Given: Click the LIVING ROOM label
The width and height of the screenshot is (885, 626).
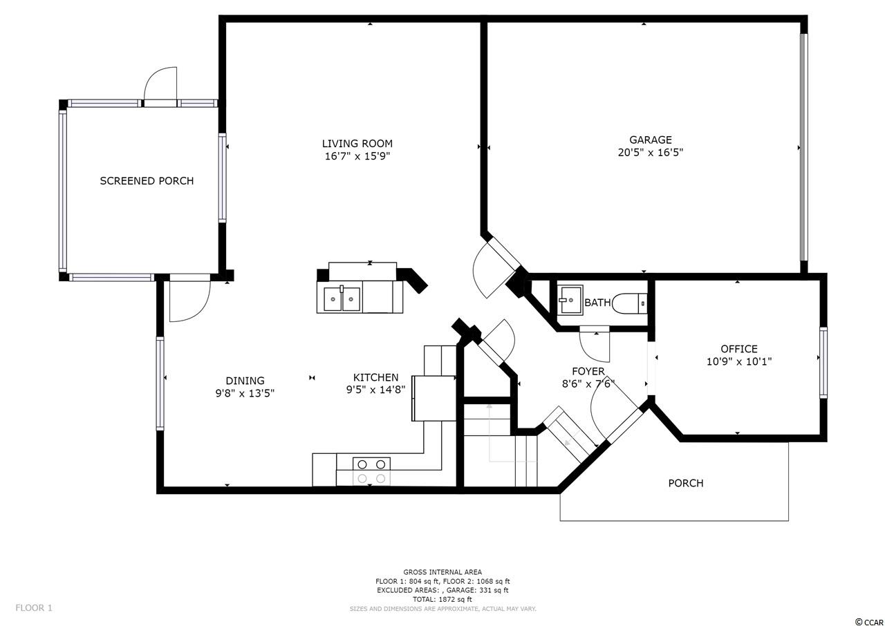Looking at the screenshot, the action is tap(357, 144).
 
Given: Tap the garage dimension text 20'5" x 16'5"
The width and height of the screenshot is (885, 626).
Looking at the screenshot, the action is tap(651, 153).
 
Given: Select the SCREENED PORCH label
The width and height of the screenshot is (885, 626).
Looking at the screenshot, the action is tap(147, 181).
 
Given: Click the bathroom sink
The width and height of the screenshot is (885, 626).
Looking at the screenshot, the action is tap(571, 300).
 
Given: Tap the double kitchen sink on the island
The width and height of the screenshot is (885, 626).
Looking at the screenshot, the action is tap(342, 299).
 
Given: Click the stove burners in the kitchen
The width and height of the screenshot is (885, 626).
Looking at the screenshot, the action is tap(371, 471).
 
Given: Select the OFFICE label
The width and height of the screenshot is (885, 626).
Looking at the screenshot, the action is tap(739, 349).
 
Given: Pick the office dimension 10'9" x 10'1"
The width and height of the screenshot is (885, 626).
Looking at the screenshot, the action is tap(739, 361).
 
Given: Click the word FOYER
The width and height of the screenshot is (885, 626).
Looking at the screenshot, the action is tap(588, 372).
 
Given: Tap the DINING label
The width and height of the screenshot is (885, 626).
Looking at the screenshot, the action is tap(245, 381).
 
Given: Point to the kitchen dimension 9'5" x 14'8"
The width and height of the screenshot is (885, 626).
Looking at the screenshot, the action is tap(375, 390).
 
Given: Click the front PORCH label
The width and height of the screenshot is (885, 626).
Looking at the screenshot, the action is tap(686, 483).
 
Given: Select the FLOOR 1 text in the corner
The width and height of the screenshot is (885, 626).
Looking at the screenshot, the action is tap(34, 608).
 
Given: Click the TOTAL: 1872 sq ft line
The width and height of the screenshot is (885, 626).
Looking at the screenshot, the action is tap(442, 600).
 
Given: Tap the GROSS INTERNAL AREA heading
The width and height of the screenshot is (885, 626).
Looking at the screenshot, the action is tap(442, 572).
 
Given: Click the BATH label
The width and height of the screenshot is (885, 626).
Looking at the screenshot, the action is tap(597, 303).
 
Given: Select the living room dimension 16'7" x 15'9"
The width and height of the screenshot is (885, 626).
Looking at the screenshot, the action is tap(357, 156).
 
